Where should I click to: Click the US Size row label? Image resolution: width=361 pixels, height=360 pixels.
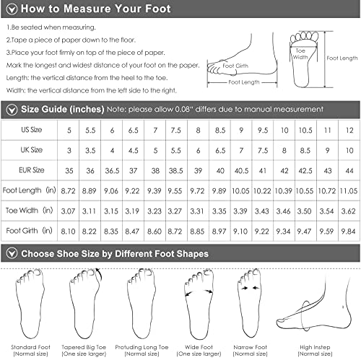pyautogui.click(x=32, y=130)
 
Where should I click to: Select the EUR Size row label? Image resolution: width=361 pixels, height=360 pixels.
pyautogui.click(x=32, y=170)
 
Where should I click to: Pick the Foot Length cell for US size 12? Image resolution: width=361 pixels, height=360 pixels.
pyautogui.click(x=349, y=191)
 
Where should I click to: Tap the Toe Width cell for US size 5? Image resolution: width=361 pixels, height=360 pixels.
pyautogui.click(x=68, y=211)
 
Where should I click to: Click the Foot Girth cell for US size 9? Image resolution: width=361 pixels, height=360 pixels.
pyautogui.click(x=240, y=232)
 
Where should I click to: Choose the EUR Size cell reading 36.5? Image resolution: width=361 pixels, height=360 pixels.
pyautogui.click(x=112, y=171)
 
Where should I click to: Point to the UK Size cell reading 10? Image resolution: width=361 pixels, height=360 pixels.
pyautogui.click(x=349, y=151)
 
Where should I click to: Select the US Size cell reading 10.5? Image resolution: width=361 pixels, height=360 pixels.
pyautogui.click(x=305, y=131)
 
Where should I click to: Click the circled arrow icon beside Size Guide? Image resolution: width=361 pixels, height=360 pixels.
pyautogui.click(x=12, y=110)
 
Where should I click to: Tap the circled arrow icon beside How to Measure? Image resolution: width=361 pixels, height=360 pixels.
pyautogui.click(x=12, y=9)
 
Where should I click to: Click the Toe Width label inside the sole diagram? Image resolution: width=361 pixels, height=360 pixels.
pyautogui.click(x=300, y=54)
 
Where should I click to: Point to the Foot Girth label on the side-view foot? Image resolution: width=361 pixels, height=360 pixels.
pyautogui.click(x=235, y=66)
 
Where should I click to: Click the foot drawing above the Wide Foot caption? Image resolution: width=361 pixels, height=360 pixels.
pyautogui.click(x=199, y=304)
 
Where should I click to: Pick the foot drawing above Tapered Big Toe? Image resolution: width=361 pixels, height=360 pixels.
pyautogui.click(x=85, y=303)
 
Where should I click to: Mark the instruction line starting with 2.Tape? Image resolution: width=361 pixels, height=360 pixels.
pyautogui.click(x=71, y=40)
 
